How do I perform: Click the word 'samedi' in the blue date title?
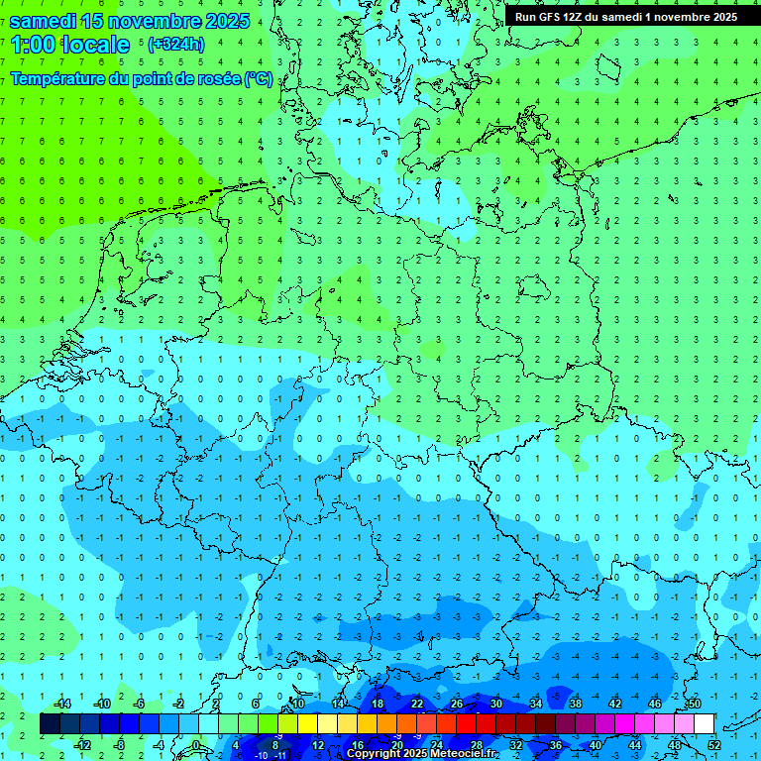click(x=45, y=20)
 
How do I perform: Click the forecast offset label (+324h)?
click(x=175, y=45)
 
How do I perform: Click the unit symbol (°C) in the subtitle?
click(x=259, y=78)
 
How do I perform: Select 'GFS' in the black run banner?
click(x=547, y=17)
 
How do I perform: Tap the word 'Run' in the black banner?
click(x=525, y=17)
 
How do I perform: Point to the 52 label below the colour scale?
click(x=713, y=744)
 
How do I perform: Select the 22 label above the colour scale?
click(x=417, y=704)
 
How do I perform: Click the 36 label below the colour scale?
click(x=555, y=744)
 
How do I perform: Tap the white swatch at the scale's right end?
click(x=704, y=723)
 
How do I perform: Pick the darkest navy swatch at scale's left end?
click(x=50, y=723)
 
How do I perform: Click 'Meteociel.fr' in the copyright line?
click(x=466, y=754)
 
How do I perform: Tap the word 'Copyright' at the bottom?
click(x=373, y=754)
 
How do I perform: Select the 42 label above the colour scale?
click(x=614, y=704)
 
